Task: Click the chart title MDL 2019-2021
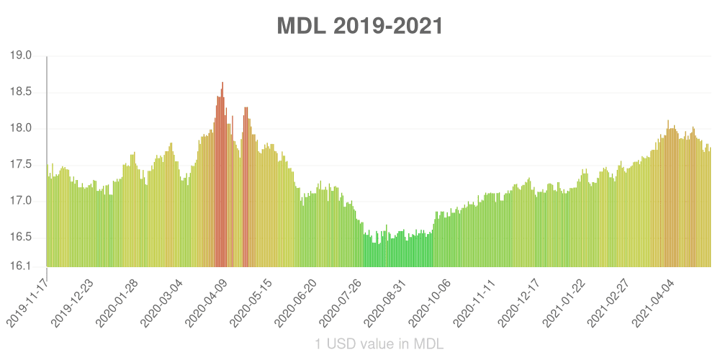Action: pos(360,26)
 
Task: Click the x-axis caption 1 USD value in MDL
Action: pos(379,343)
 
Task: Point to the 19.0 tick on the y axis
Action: pos(21,55)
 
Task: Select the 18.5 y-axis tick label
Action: pos(21,92)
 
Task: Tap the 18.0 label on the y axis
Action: pos(21,128)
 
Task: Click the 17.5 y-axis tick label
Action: pos(21,165)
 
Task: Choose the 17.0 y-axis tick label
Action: pos(21,201)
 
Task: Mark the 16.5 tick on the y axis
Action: pos(21,237)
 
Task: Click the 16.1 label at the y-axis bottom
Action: pos(21,266)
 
